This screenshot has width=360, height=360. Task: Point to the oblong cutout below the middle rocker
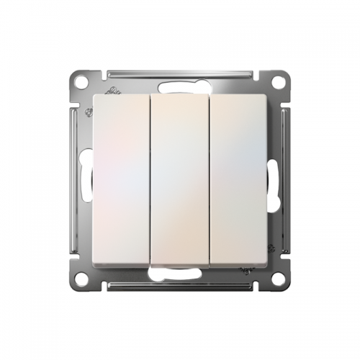click(180, 274)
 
